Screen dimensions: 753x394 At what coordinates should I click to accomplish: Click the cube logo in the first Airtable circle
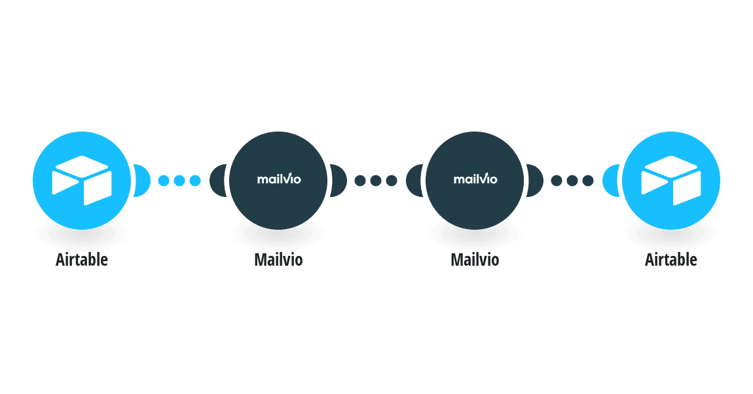(82, 181)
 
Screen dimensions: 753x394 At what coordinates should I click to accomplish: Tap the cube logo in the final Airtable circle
(671, 181)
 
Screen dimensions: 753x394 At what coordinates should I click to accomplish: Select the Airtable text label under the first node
(82, 260)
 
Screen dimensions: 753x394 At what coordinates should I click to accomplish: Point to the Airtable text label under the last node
(671, 260)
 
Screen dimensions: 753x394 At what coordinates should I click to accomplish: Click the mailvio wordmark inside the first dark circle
(279, 179)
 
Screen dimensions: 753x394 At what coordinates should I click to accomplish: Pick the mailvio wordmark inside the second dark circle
(475, 179)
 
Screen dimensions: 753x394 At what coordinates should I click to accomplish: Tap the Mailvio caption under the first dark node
(278, 260)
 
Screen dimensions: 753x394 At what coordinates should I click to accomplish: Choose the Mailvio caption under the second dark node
(475, 260)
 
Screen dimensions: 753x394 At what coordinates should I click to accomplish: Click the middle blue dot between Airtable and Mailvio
(179, 181)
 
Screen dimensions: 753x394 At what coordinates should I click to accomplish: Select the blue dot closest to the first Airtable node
(164, 181)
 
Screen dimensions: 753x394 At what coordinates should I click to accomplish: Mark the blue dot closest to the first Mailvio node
(195, 181)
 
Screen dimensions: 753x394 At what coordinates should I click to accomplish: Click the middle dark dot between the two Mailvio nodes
(376, 181)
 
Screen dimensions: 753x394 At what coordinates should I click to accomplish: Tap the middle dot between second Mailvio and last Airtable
(572, 181)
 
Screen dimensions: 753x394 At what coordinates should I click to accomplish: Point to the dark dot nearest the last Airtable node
(588, 181)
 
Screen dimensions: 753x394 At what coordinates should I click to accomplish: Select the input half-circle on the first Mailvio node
(217, 181)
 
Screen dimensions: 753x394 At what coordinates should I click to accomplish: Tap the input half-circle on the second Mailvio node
(413, 181)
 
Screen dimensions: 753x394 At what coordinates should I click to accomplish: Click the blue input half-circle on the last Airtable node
(610, 181)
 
